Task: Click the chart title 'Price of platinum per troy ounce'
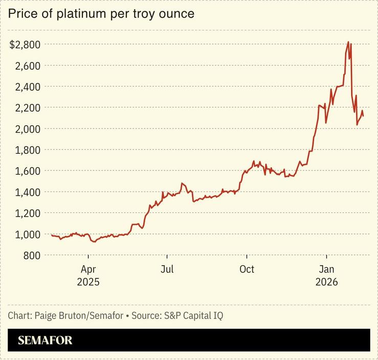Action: tap(101, 14)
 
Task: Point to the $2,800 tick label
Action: tap(25, 45)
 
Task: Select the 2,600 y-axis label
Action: tap(27, 66)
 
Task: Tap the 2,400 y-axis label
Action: tap(27, 87)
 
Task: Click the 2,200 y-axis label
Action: tap(27, 108)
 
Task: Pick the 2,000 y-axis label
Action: tap(27, 129)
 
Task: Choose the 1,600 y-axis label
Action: tap(27, 171)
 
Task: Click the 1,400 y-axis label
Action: tap(27, 192)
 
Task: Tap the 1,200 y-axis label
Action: tap(27, 213)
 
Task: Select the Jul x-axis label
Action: tap(167, 269)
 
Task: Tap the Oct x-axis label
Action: tap(247, 269)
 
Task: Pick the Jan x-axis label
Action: tap(326, 269)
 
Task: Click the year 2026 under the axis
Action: tap(326, 282)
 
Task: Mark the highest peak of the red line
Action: tap(348, 42)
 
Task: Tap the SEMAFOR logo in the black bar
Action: tap(45, 341)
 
